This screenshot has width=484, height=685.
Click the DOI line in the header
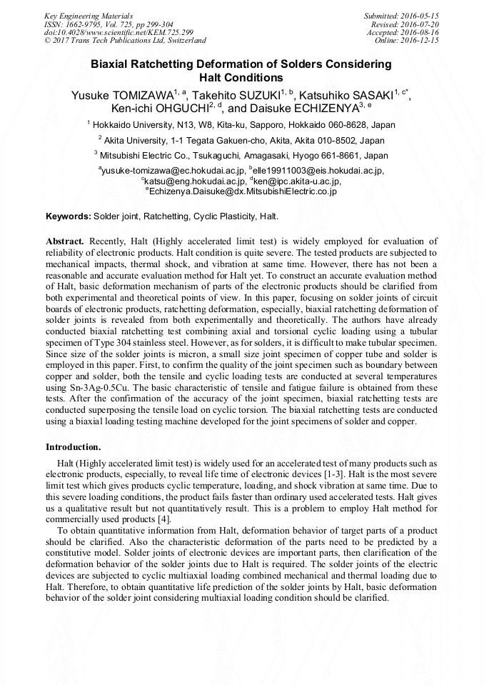click(x=103, y=32)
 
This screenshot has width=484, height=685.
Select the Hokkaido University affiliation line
click(x=243, y=124)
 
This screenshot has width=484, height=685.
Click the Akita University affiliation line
click(x=243, y=140)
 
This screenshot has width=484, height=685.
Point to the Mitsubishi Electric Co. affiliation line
click(x=243, y=155)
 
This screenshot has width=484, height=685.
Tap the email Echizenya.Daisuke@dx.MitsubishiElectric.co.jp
click(x=243, y=191)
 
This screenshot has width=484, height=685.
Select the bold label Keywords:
click(x=69, y=216)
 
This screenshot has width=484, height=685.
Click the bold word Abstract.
click(x=65, y=241)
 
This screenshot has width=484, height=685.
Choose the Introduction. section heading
click(x=74, y=446)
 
